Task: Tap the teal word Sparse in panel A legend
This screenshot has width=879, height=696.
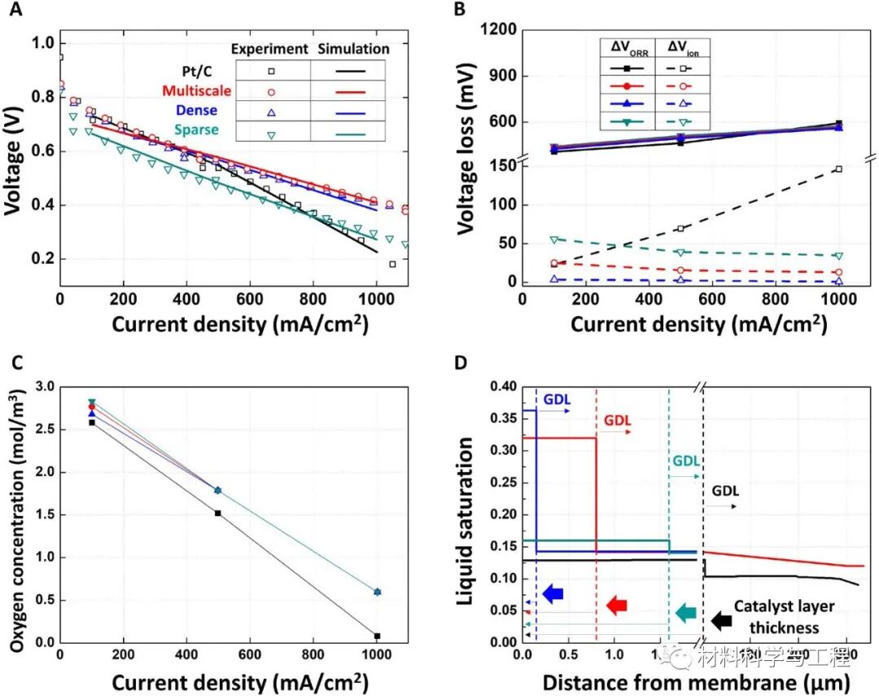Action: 196,130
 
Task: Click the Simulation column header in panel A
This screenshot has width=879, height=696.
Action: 352,49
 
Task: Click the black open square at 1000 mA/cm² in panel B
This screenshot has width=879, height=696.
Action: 816,169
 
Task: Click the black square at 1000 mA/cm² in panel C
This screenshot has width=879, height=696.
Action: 377,636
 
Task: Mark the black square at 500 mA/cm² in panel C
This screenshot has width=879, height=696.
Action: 217,513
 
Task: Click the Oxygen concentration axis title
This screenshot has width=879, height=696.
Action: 15,514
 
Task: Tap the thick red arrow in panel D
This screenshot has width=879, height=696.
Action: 617,604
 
